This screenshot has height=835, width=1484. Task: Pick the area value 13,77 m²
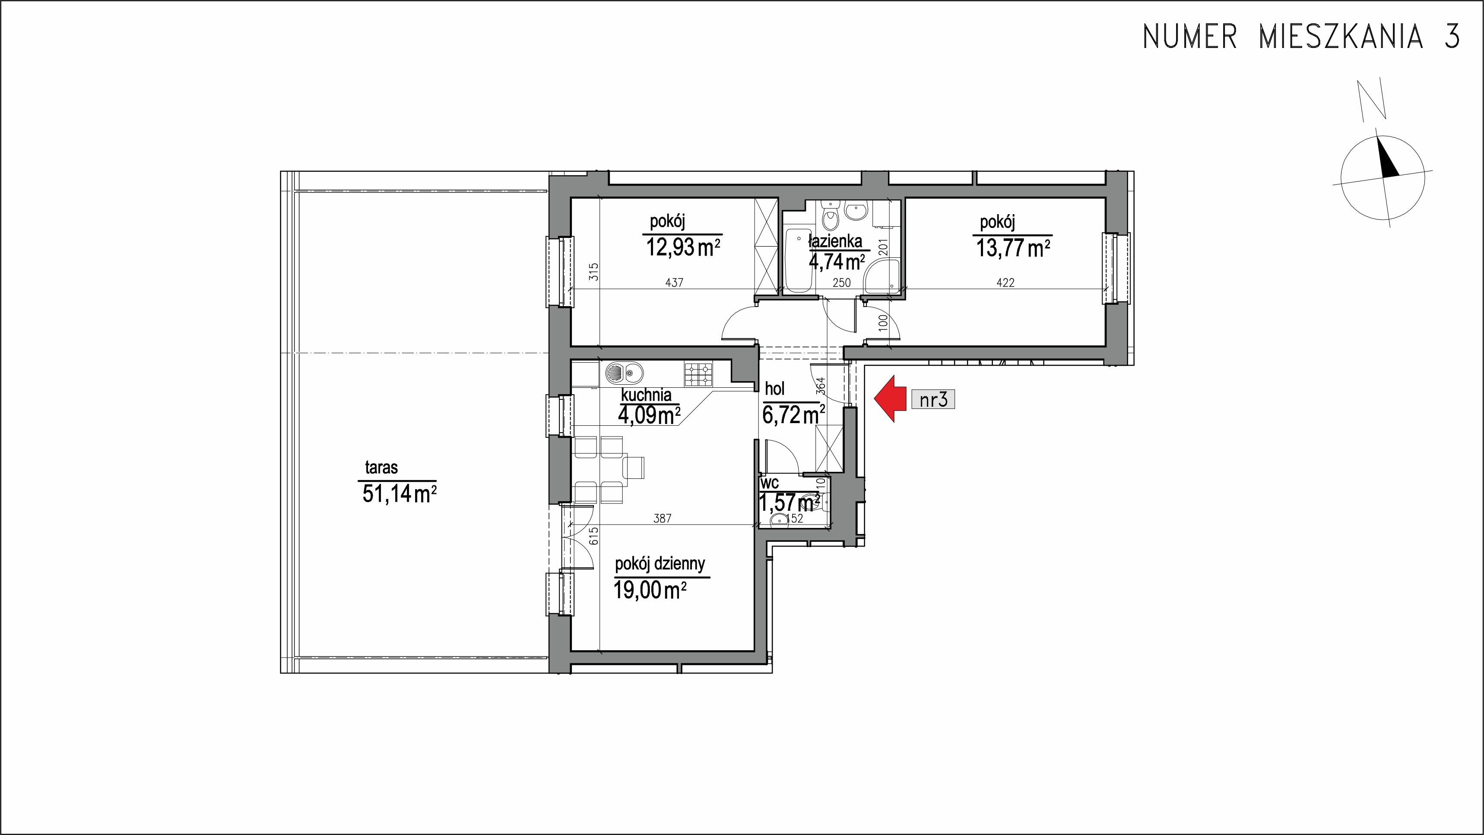click(1013, 248)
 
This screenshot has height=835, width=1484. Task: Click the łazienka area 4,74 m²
click(837, 262)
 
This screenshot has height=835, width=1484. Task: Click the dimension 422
click(1005, 282)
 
